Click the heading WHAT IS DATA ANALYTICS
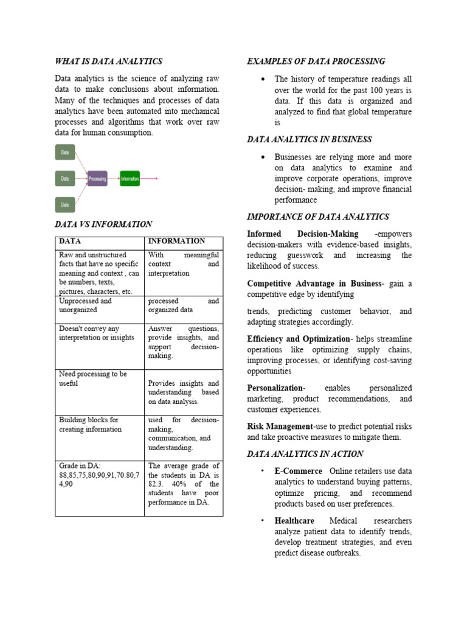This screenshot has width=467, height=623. click(108, 61)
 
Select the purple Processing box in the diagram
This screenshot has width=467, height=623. click(97, 178)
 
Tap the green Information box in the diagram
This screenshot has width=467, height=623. click(130, 178)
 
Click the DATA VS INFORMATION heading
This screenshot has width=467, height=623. click(103, 224)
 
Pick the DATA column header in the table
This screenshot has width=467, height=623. click(70, 241)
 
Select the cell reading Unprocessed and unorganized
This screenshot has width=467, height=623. click(85, 305)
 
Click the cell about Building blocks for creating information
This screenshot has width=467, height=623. click(89, 425)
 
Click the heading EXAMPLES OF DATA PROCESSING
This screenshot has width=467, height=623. click(316, 61)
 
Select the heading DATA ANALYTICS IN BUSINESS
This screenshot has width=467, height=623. click(310, 139)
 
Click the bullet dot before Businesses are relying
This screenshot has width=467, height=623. click(262, 157)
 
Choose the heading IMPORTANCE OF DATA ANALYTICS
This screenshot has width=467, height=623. click(318, 217)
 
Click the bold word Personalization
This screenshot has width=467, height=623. click(275, 388)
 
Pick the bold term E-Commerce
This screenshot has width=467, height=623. click(298, 471)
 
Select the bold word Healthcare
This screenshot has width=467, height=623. click(294, 521)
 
